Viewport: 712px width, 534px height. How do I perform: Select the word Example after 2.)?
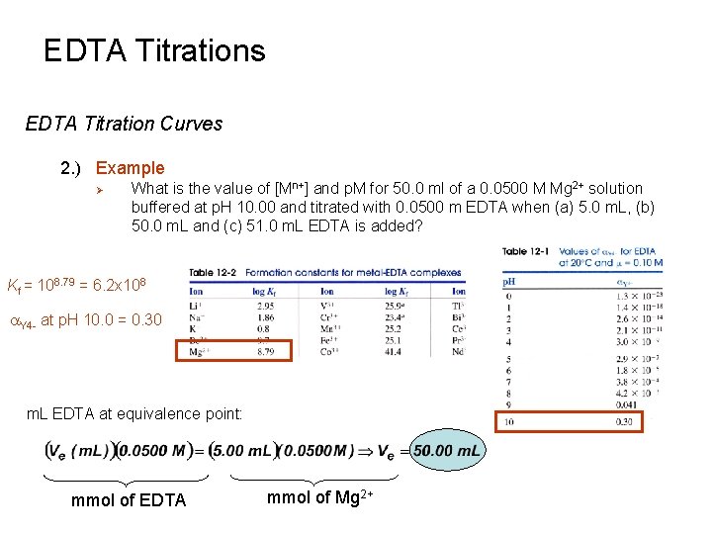click(131, 168)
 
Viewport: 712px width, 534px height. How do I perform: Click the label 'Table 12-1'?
click(528, 251)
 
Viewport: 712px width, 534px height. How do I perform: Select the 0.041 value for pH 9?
click(625, 405)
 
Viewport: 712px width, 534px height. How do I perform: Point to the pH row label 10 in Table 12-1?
click(509, 421)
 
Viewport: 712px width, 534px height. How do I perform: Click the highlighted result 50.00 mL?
click(448, 452)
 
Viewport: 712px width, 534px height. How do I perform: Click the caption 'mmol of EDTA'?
click(129, 500)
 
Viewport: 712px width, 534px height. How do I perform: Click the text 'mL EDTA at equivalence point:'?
click(133, 412)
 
